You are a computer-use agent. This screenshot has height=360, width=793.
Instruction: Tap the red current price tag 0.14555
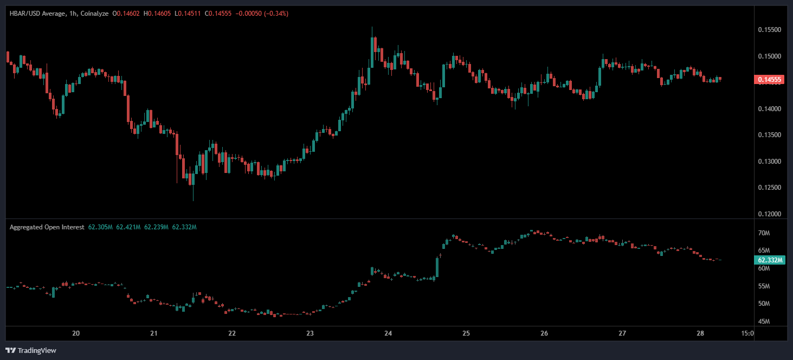(769, 80)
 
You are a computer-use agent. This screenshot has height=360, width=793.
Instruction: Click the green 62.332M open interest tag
(770, 260)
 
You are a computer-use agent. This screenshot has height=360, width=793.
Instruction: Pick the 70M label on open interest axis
(764, 233)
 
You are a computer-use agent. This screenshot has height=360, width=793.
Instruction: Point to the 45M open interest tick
(764, 322)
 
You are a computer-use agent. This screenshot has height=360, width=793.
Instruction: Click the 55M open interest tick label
(764, 286)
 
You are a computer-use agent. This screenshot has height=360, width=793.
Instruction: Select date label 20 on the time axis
(76, 333)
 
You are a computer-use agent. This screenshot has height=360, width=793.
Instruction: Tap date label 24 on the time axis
(388, 333)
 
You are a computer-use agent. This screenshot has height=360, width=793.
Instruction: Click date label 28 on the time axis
(700, 333)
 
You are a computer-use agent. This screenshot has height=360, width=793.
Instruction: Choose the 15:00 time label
(746, 333)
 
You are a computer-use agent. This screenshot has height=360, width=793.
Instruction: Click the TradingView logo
(30, 350)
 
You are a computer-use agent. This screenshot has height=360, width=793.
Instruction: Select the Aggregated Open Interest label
(47, 227)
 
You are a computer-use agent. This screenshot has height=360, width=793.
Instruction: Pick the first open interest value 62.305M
(101, 227)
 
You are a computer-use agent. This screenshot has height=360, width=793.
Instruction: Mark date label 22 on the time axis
(232, 333)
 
